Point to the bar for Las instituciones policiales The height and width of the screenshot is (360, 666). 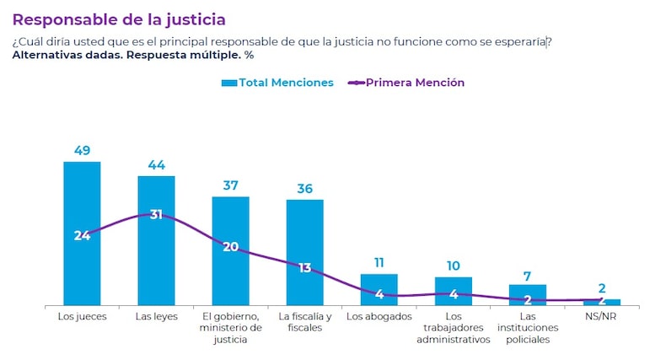tap(527, 292)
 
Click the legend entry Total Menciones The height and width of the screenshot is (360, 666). tap(277, 83)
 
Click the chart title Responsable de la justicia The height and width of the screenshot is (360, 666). tap(119, 19)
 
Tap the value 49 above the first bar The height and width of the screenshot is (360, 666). tap(82, 150)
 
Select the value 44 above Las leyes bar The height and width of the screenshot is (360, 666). tap(156, 164)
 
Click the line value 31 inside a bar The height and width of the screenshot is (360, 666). tap(156, 215)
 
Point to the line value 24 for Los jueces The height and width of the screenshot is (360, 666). tap(82, 235)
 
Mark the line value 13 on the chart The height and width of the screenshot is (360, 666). tap(304, 268)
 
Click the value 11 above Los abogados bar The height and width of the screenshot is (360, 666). tap(379, 263)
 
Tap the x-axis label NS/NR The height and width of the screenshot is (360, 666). tap(601, 317)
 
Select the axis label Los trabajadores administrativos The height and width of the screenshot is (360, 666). tap(453, 328)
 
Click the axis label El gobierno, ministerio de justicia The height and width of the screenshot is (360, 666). tap(230, 328)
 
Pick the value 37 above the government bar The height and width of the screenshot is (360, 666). tap(230, 185)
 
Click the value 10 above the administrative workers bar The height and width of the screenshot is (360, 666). tap(453, 266)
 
